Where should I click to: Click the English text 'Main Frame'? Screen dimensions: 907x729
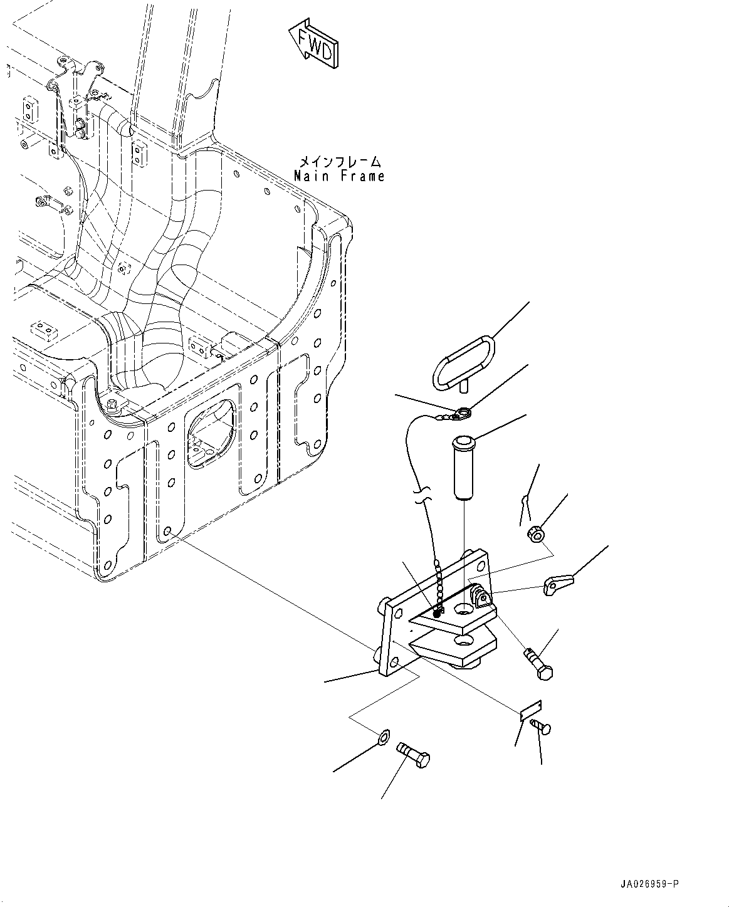click(340, 177)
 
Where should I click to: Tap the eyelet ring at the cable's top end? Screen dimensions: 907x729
click(462, 412)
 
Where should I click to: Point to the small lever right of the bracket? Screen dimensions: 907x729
click(557, 585)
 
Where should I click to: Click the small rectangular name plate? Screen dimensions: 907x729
click(530, 709)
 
